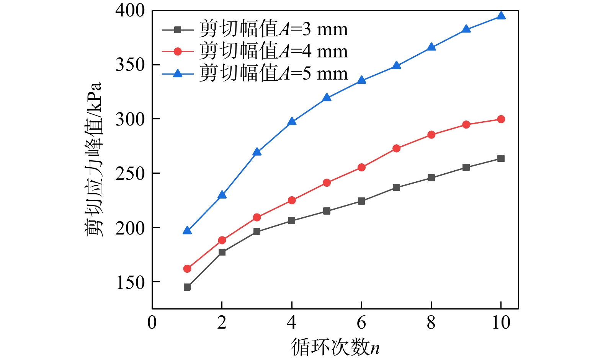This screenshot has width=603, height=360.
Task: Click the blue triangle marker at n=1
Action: [x=187, y=230]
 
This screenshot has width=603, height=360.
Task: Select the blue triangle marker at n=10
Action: [x=501, y=16]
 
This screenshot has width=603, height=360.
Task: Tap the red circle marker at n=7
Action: [x=396, y=148]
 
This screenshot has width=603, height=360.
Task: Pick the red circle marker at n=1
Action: [x=187, y=269]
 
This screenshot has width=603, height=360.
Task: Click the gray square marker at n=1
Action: [x=187, y=287]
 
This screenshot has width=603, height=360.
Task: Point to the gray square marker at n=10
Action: [x=501, y=158]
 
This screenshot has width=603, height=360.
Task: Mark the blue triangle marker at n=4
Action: [x=292, y=122]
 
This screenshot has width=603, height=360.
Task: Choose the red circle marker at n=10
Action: [x=501, y=119]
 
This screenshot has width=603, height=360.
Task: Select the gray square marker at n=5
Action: [x=327, y=211]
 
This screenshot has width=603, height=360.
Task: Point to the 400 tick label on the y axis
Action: [x=130, y=11]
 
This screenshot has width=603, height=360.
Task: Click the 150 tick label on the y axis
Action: [x=130, y=282]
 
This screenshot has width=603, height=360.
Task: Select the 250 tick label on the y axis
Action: [x=130, y=174]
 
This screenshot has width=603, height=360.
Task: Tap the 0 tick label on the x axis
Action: [x=152, y=323]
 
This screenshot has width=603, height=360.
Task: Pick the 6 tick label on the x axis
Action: [x=361, y=323]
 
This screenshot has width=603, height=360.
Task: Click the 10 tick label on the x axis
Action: [x=501, y=323]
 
